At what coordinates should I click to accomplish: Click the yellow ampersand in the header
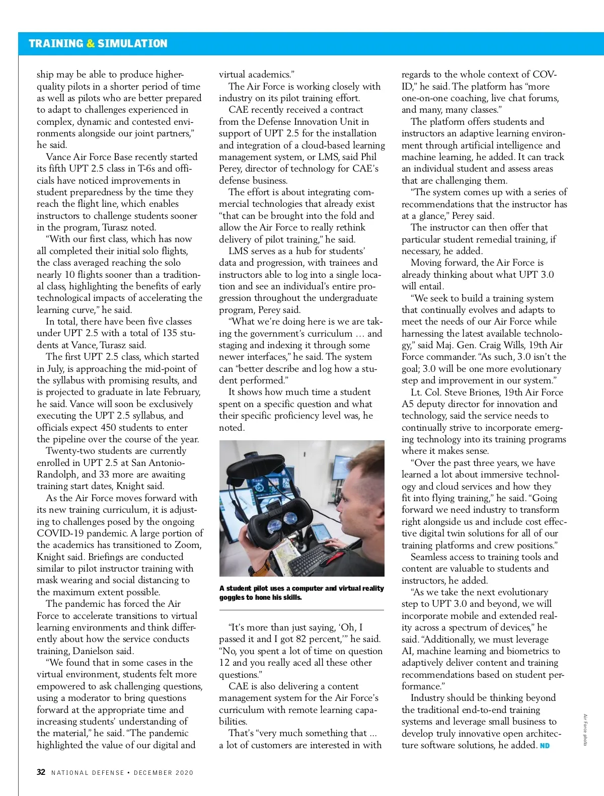(91, 43)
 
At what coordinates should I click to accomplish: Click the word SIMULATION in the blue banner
(132, 43)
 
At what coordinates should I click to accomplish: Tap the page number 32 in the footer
(41, 772)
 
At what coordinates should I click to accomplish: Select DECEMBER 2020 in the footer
(164, 772)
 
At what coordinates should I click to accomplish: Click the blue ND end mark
(545, 745)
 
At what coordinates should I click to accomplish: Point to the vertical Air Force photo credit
(585, 730)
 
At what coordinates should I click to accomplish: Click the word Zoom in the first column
(188, 545)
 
